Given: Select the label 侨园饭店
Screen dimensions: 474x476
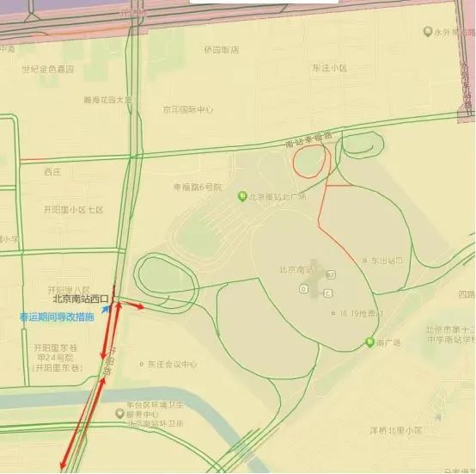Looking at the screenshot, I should click(221, 50).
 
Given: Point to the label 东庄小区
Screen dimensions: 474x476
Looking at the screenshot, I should click(330, 67).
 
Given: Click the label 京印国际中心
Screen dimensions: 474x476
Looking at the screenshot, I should click(188, 109).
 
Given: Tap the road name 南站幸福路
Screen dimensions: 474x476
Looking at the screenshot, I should click(308, 140).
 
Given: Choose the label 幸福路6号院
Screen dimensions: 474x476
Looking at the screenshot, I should click(197, 187).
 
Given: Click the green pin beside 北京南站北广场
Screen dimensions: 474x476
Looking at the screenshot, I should click(242, 196).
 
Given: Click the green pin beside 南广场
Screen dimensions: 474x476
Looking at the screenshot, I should click(369, 342).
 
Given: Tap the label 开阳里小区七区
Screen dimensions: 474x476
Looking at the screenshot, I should click(74, 210).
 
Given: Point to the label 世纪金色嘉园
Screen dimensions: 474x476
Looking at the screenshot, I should click(48, 69).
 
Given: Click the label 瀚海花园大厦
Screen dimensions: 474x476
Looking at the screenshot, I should click(108, 100).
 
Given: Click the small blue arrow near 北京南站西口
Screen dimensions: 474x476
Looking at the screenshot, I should click(105, 305).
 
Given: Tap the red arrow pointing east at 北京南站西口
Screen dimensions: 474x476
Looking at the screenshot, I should click(132, 305).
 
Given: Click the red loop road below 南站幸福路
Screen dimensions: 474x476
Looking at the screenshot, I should click(311, 161).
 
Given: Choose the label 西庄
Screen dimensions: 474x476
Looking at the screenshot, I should click(52, 172).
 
